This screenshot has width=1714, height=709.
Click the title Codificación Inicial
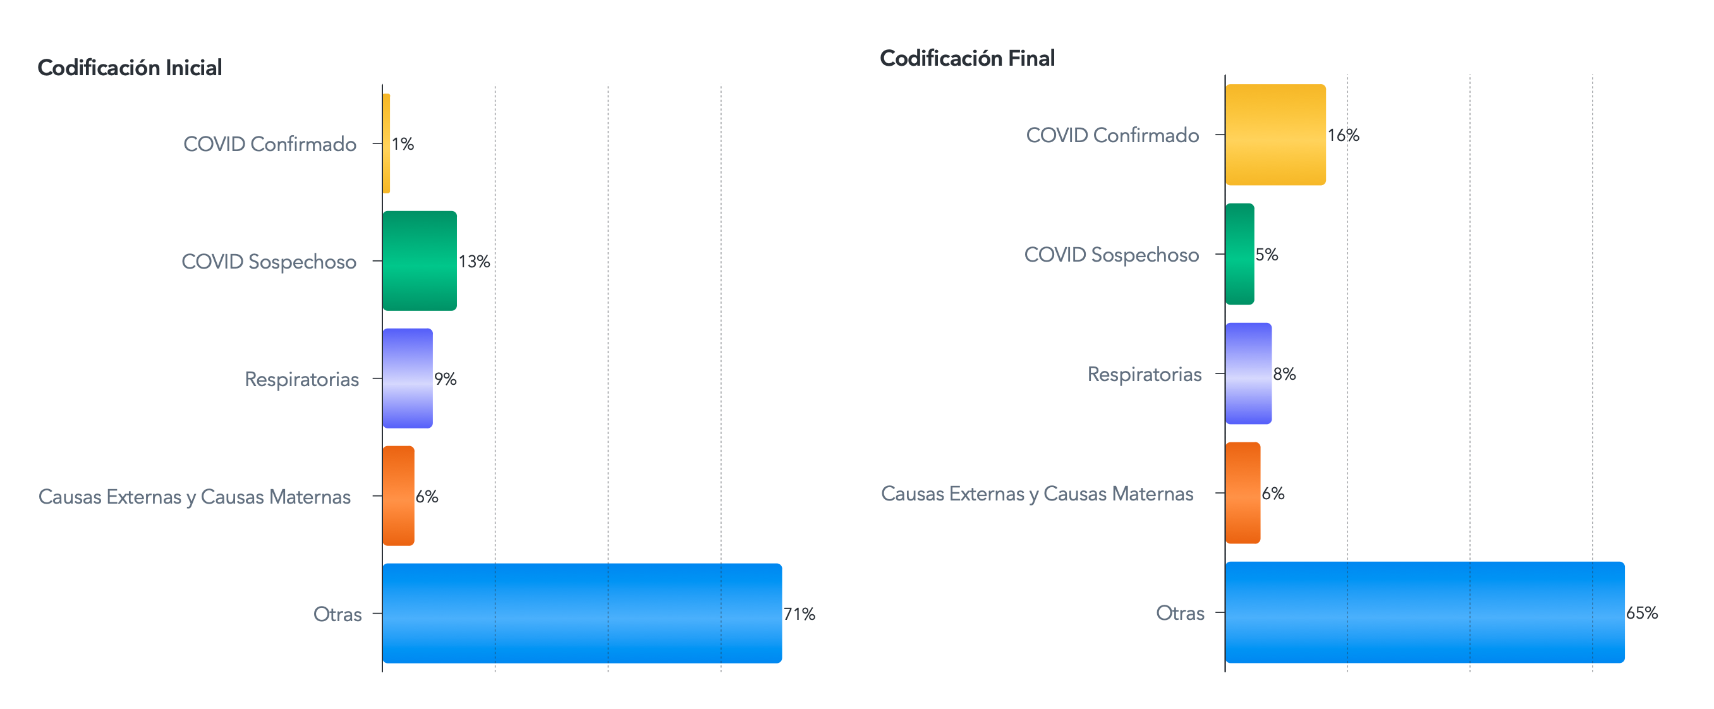click(x=130, y=68)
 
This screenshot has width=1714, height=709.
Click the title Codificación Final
click(x=968, y=59)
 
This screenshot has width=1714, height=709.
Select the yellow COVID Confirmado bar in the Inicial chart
click(x=387, y=143)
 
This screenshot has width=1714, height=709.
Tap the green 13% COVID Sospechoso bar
click(x=420, y=261)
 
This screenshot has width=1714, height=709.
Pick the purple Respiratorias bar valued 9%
click(x=408, y=379)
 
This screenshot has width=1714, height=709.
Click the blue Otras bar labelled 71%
click(x=582, y=613)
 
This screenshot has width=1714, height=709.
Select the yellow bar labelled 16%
click(x=1275, y=135)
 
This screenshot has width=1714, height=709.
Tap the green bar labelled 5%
click(x=1240, y=254)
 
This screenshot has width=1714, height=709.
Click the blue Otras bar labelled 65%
click(x=1425, y=612)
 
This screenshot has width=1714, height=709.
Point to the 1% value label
click(x=403, y=143)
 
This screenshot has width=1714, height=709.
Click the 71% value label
click(x=799, y=614)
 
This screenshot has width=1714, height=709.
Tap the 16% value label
click(x=1344, y=135)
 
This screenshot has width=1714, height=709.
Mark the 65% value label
click(x=1642, y=612)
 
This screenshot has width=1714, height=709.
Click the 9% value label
click(x=445, y=379)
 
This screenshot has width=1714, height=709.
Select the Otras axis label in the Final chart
click(x=1180, y=612)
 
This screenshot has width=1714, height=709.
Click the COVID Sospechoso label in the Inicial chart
click(x=269, y=262)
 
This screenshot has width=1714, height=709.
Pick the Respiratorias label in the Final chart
click(x=1145, y=375)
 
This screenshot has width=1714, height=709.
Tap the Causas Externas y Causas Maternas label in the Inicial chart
click(x=194, y=497)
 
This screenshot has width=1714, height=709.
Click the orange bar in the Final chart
click(x=1243, y=493)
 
